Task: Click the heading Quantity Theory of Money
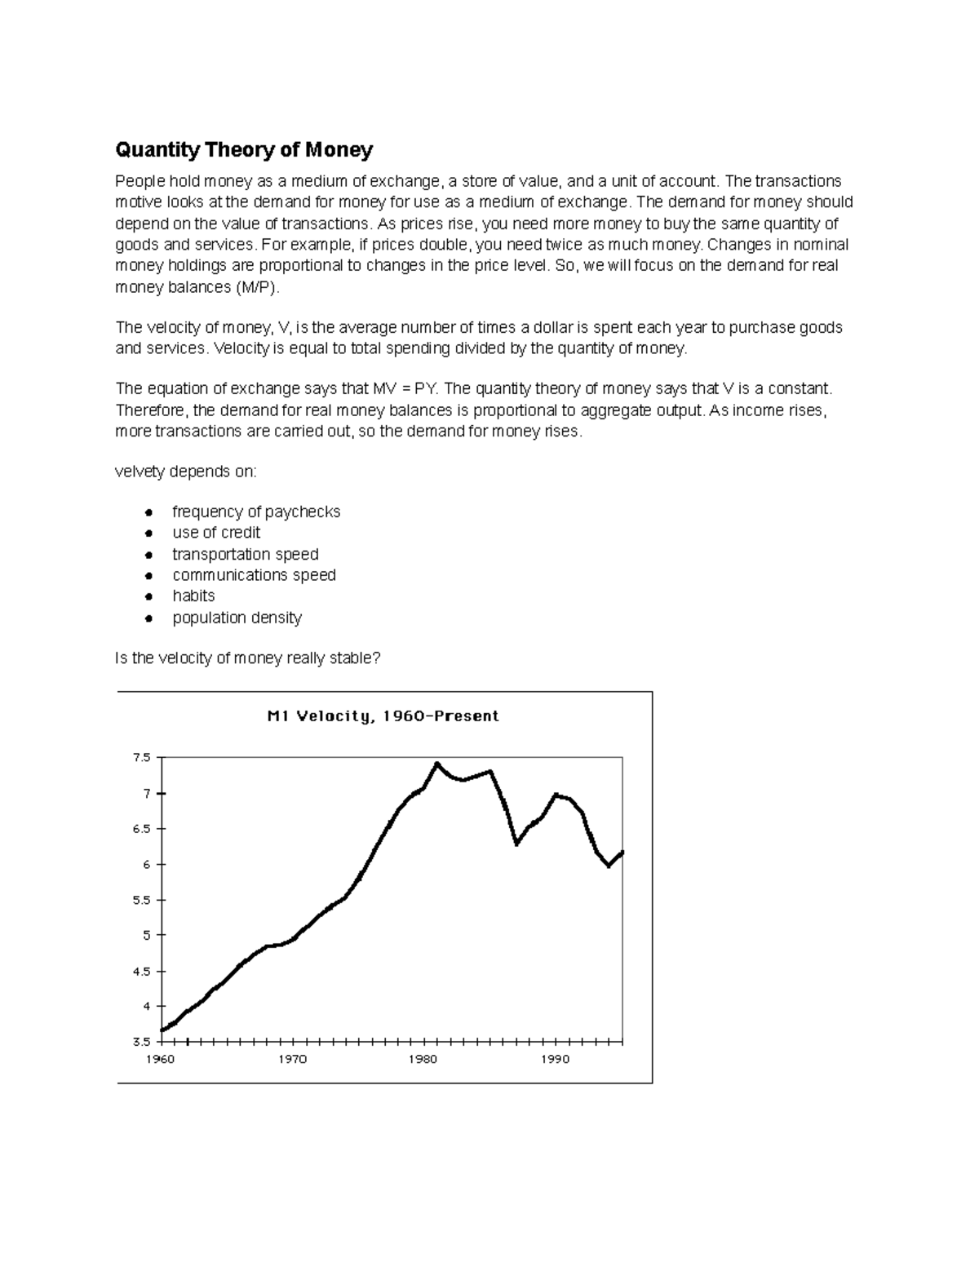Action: click(244, 150)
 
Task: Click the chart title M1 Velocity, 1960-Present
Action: click(383, 716)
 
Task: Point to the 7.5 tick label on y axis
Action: click(141, 758)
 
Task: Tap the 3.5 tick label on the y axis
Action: click(141, 1043)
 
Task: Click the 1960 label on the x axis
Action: click(160, 1060)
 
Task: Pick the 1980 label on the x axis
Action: click(424, 1060)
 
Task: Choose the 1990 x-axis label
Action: click(556, 1060)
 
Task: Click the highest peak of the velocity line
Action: click(437, 764)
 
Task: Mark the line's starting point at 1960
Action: click(162, 1030)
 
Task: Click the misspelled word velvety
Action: click(140, 472)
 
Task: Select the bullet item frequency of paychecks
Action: click(256, 512)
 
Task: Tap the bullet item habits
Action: click(193, 596)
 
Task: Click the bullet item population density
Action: click(237, 618)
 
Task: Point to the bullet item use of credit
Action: click(216, 533)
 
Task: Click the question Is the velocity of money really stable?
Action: click(248, 658)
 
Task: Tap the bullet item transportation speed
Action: click(245, 554)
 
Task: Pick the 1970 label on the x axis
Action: click(292, 1060)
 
